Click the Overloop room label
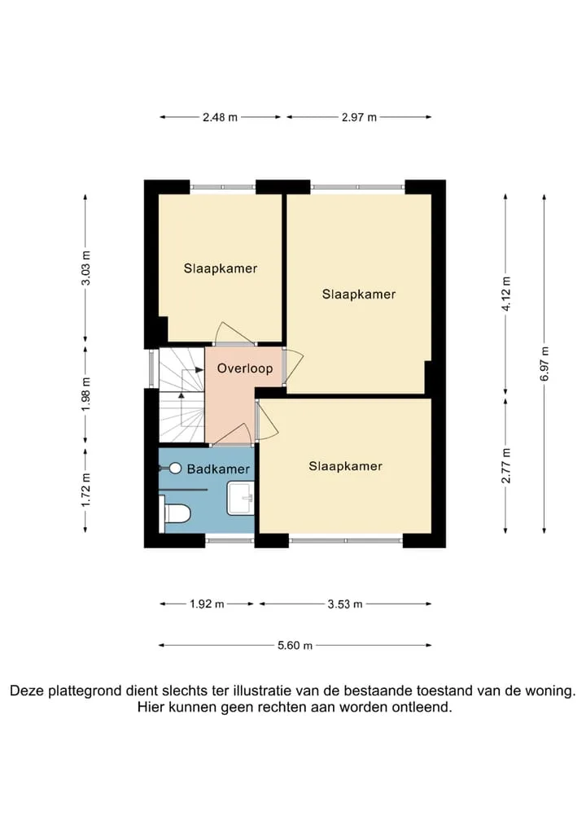[245, 368]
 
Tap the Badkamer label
[218, 469]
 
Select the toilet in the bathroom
[176, 513]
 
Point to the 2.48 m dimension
[220, 117]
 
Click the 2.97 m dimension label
[359, 117]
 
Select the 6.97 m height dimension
[544, 363]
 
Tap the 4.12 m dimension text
[506, 294]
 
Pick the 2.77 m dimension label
[506, 465]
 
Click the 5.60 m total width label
[295, 645]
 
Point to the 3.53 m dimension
[345, 604]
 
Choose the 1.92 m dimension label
[207, 604]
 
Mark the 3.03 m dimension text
[85, 268]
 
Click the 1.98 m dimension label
[85, 394]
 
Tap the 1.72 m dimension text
[85, 490]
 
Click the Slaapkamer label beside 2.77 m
[346, 466]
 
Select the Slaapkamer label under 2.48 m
[221, 268]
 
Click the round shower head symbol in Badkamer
[176, 468]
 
